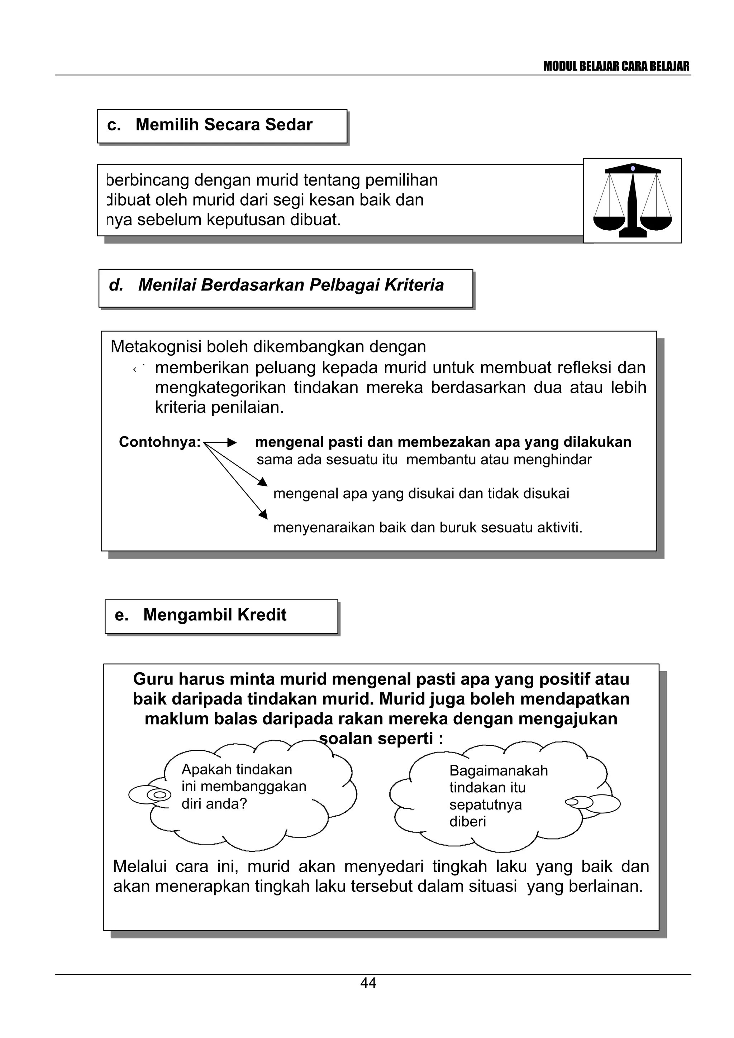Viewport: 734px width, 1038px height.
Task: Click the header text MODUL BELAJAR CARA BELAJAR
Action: point(616,67)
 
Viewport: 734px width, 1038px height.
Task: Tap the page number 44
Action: point(368,983)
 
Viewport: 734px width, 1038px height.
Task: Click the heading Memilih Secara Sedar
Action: point(224,125)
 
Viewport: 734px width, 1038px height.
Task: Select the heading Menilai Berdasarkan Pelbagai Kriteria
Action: point(291,285)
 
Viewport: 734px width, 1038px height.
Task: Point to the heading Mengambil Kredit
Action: point(214,615)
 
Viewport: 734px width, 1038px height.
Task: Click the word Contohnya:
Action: point(159,442)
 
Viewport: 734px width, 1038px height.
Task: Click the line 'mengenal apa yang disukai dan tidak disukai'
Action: point(421,493)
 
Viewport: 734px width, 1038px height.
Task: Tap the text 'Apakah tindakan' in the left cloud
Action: point(237,769)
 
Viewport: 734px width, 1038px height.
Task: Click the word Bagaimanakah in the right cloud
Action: point(499,770)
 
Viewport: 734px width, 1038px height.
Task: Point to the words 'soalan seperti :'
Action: point(381,739)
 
